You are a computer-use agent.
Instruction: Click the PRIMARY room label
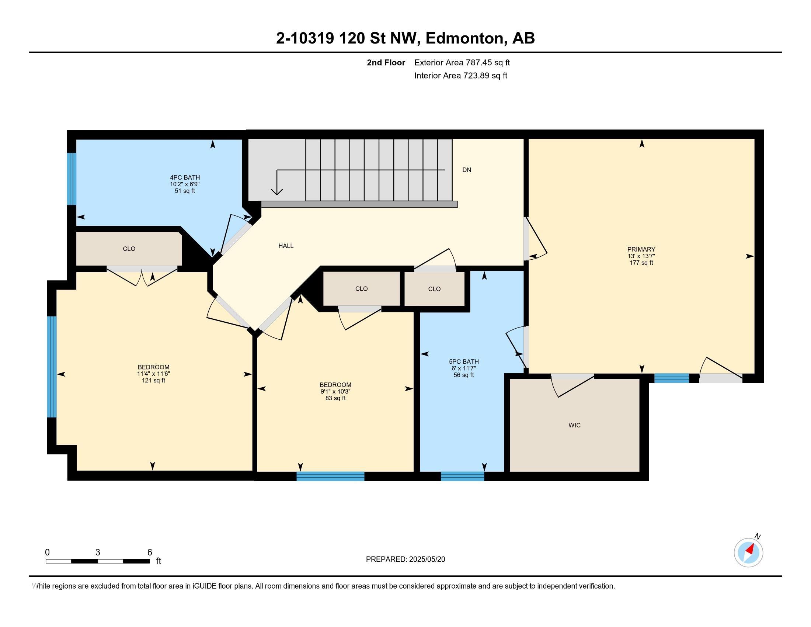(641, 249)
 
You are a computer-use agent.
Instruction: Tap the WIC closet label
(574, 425)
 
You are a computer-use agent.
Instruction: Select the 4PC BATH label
(185, 177)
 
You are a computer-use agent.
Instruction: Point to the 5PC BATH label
(464, 361)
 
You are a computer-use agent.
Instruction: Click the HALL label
(286, 246)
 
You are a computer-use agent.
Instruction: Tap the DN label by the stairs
(467, 170)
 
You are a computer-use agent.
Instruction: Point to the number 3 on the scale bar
(98, 552)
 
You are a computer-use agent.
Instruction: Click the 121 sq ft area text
(153, 380)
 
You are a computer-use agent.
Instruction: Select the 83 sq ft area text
(335, 398)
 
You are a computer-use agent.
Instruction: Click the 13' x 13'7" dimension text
(641, 256)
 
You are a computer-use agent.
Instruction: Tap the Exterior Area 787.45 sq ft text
(462, 62)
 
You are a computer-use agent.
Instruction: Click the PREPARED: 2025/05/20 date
(405, 559)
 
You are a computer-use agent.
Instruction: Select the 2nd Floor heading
(386, 62)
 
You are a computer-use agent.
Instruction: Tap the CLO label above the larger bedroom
(129, 249)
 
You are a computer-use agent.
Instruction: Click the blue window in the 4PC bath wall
(71, 179)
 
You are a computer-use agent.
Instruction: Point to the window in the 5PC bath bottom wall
(462, 476)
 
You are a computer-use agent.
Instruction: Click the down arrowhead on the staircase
(276, 191)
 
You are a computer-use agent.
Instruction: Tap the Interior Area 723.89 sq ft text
(461, 76)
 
